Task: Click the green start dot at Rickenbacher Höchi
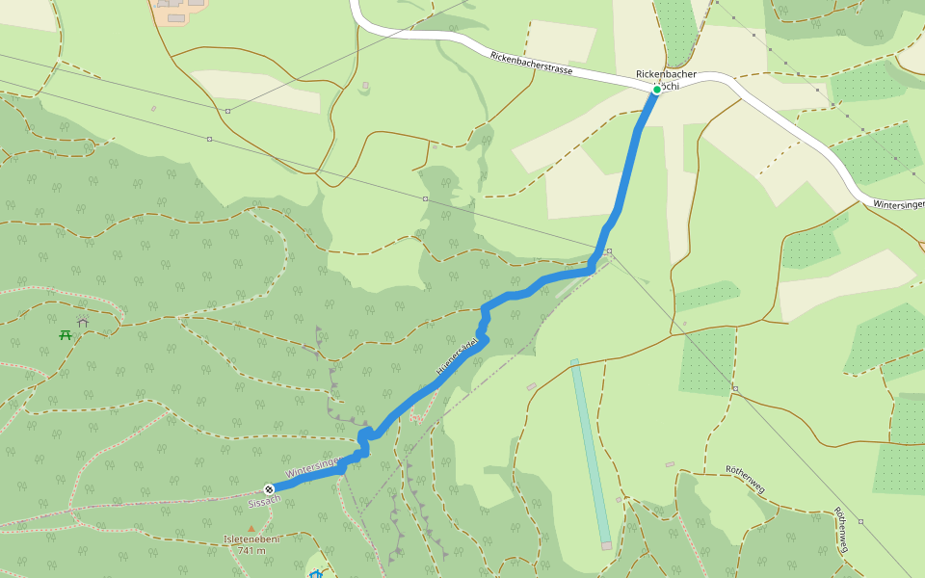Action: coord(657,90)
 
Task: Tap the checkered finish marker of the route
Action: coord(269,488)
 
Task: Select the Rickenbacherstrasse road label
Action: coord(531,64)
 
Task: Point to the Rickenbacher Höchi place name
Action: coord(666,74)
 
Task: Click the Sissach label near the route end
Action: coord(264,501)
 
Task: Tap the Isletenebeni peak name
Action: coord(251,539)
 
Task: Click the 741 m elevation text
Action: coord(251,551)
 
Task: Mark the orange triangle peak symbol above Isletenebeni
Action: coord(251,528)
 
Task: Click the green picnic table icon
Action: coord(66,335)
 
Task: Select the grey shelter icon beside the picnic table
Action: coord(83,323)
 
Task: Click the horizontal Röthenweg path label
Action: coord(745,478)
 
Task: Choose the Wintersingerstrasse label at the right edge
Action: coord(898,204)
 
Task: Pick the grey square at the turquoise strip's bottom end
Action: coord(606,545)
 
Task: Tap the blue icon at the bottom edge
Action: coord(315,574)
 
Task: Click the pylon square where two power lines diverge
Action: coord(609,252)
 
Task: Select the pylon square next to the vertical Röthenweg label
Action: coord(860,521)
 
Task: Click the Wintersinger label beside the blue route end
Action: coord(313,468)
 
